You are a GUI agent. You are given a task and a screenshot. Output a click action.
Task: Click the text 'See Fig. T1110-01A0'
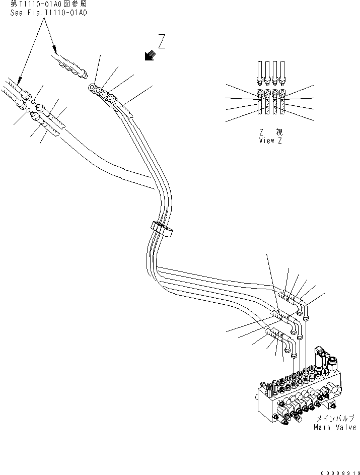click(49, 13)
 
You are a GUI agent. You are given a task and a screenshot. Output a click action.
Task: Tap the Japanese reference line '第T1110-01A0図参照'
click(49, 5)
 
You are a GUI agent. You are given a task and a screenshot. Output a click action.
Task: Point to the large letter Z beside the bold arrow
click(161, 42)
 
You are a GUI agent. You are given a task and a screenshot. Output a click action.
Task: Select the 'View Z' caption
click(270, 141)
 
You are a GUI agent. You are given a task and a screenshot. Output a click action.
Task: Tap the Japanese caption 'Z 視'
click(270, 132)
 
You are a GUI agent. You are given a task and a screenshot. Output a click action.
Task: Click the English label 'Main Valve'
click(334, 427)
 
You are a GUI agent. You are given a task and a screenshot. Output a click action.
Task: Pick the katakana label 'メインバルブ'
click(334, 419)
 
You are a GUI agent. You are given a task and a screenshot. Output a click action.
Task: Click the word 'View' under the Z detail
click(266, 141)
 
